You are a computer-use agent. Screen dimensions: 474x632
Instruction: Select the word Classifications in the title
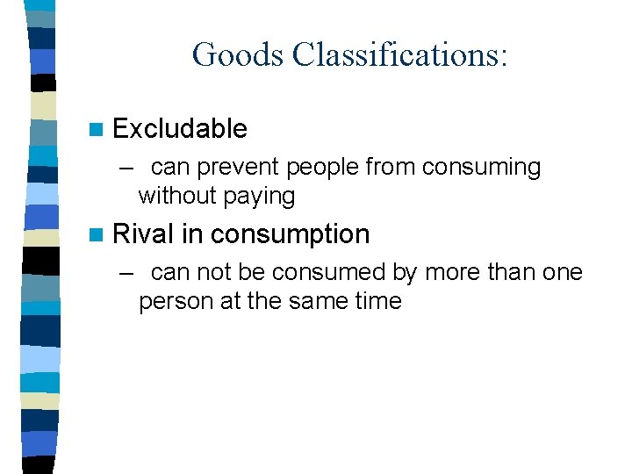[399, 54]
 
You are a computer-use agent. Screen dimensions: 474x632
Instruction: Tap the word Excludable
[180, 129]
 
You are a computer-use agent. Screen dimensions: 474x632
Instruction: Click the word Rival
[144, 234]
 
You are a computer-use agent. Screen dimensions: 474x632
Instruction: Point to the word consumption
[290, 235]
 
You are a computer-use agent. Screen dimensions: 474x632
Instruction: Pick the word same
[314, 302]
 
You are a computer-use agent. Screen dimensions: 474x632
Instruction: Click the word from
[393, 167]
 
